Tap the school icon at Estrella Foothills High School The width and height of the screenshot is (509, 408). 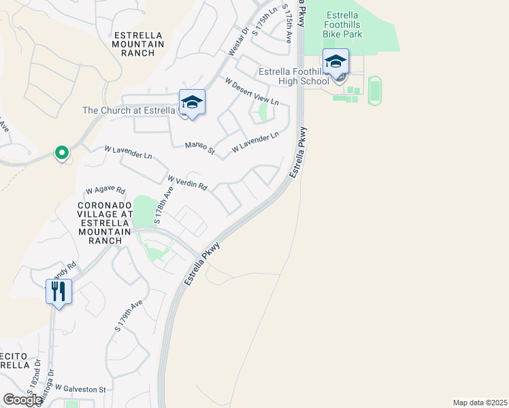335,63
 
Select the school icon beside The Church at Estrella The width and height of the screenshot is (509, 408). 192,103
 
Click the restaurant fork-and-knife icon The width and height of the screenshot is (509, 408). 59,292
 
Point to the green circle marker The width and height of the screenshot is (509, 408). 62,153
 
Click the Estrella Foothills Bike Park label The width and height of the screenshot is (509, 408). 352,24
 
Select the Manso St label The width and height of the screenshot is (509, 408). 200,145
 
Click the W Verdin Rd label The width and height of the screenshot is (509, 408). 187,182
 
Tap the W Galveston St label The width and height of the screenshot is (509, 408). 80,389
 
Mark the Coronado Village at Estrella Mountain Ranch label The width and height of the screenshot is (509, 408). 105,222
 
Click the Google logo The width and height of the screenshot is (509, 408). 22,400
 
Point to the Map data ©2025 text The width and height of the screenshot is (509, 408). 480,403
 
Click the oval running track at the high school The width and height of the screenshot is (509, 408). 374,90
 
